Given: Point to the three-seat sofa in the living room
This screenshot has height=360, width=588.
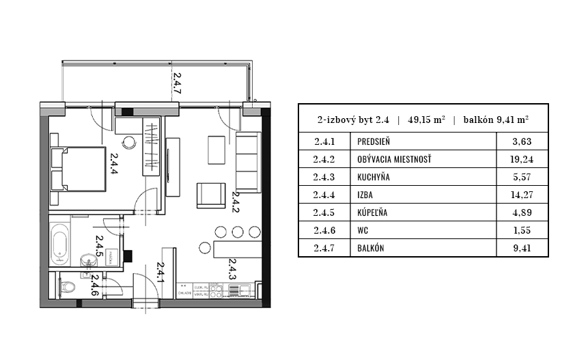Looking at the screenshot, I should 247,161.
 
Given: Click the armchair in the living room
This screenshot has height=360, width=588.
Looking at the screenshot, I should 210,195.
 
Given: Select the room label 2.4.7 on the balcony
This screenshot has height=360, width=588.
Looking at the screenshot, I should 176,83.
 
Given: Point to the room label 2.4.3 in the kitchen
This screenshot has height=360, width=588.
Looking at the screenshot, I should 232,269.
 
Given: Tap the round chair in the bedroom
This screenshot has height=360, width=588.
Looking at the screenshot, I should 129,143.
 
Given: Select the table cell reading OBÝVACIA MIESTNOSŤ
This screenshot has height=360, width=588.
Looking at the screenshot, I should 394,160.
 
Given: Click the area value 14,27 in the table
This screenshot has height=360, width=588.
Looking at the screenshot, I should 521,195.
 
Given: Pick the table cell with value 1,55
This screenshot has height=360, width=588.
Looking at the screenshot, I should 521,230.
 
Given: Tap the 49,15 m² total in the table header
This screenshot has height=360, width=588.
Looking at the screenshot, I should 426,119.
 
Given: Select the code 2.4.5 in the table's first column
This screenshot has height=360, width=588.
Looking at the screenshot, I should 324,212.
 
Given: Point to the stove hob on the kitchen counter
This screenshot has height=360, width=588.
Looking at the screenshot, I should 216,291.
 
